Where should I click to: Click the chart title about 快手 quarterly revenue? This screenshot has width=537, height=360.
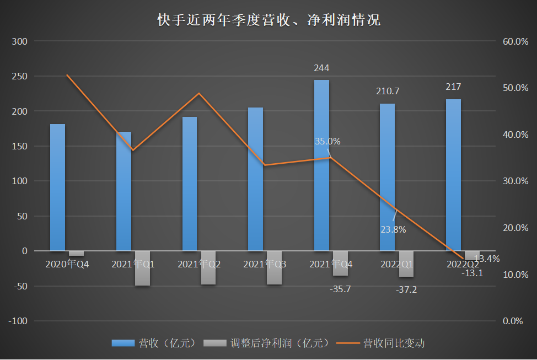pos(268,20)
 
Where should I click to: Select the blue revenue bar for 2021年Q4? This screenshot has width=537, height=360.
pos(321,165)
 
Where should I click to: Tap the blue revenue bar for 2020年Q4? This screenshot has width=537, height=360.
pos(57,187)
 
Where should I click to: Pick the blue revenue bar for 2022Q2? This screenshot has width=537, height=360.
pos(453,175)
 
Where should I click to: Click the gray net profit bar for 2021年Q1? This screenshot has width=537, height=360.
pos(142,268)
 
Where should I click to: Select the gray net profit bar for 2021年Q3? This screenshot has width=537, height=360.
pos(274,268)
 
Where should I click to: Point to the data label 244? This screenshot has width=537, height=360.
pos(321,68)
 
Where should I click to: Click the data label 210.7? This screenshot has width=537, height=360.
pos(388,91)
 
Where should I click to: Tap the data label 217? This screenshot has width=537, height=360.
pos(453,87)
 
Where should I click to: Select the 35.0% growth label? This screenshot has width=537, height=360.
pos(327,141)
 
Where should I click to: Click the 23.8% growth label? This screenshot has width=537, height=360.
pos(393,229)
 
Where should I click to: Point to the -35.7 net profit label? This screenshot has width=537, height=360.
pos(340,289)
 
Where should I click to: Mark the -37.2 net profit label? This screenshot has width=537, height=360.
pos(406,289)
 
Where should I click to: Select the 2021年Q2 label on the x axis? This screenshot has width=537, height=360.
pos(199,264)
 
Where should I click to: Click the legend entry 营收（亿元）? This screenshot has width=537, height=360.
pos(154,343)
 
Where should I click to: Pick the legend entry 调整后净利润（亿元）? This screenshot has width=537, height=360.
pos(267,343)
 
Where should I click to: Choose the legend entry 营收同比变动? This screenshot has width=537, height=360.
pos(381,343)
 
